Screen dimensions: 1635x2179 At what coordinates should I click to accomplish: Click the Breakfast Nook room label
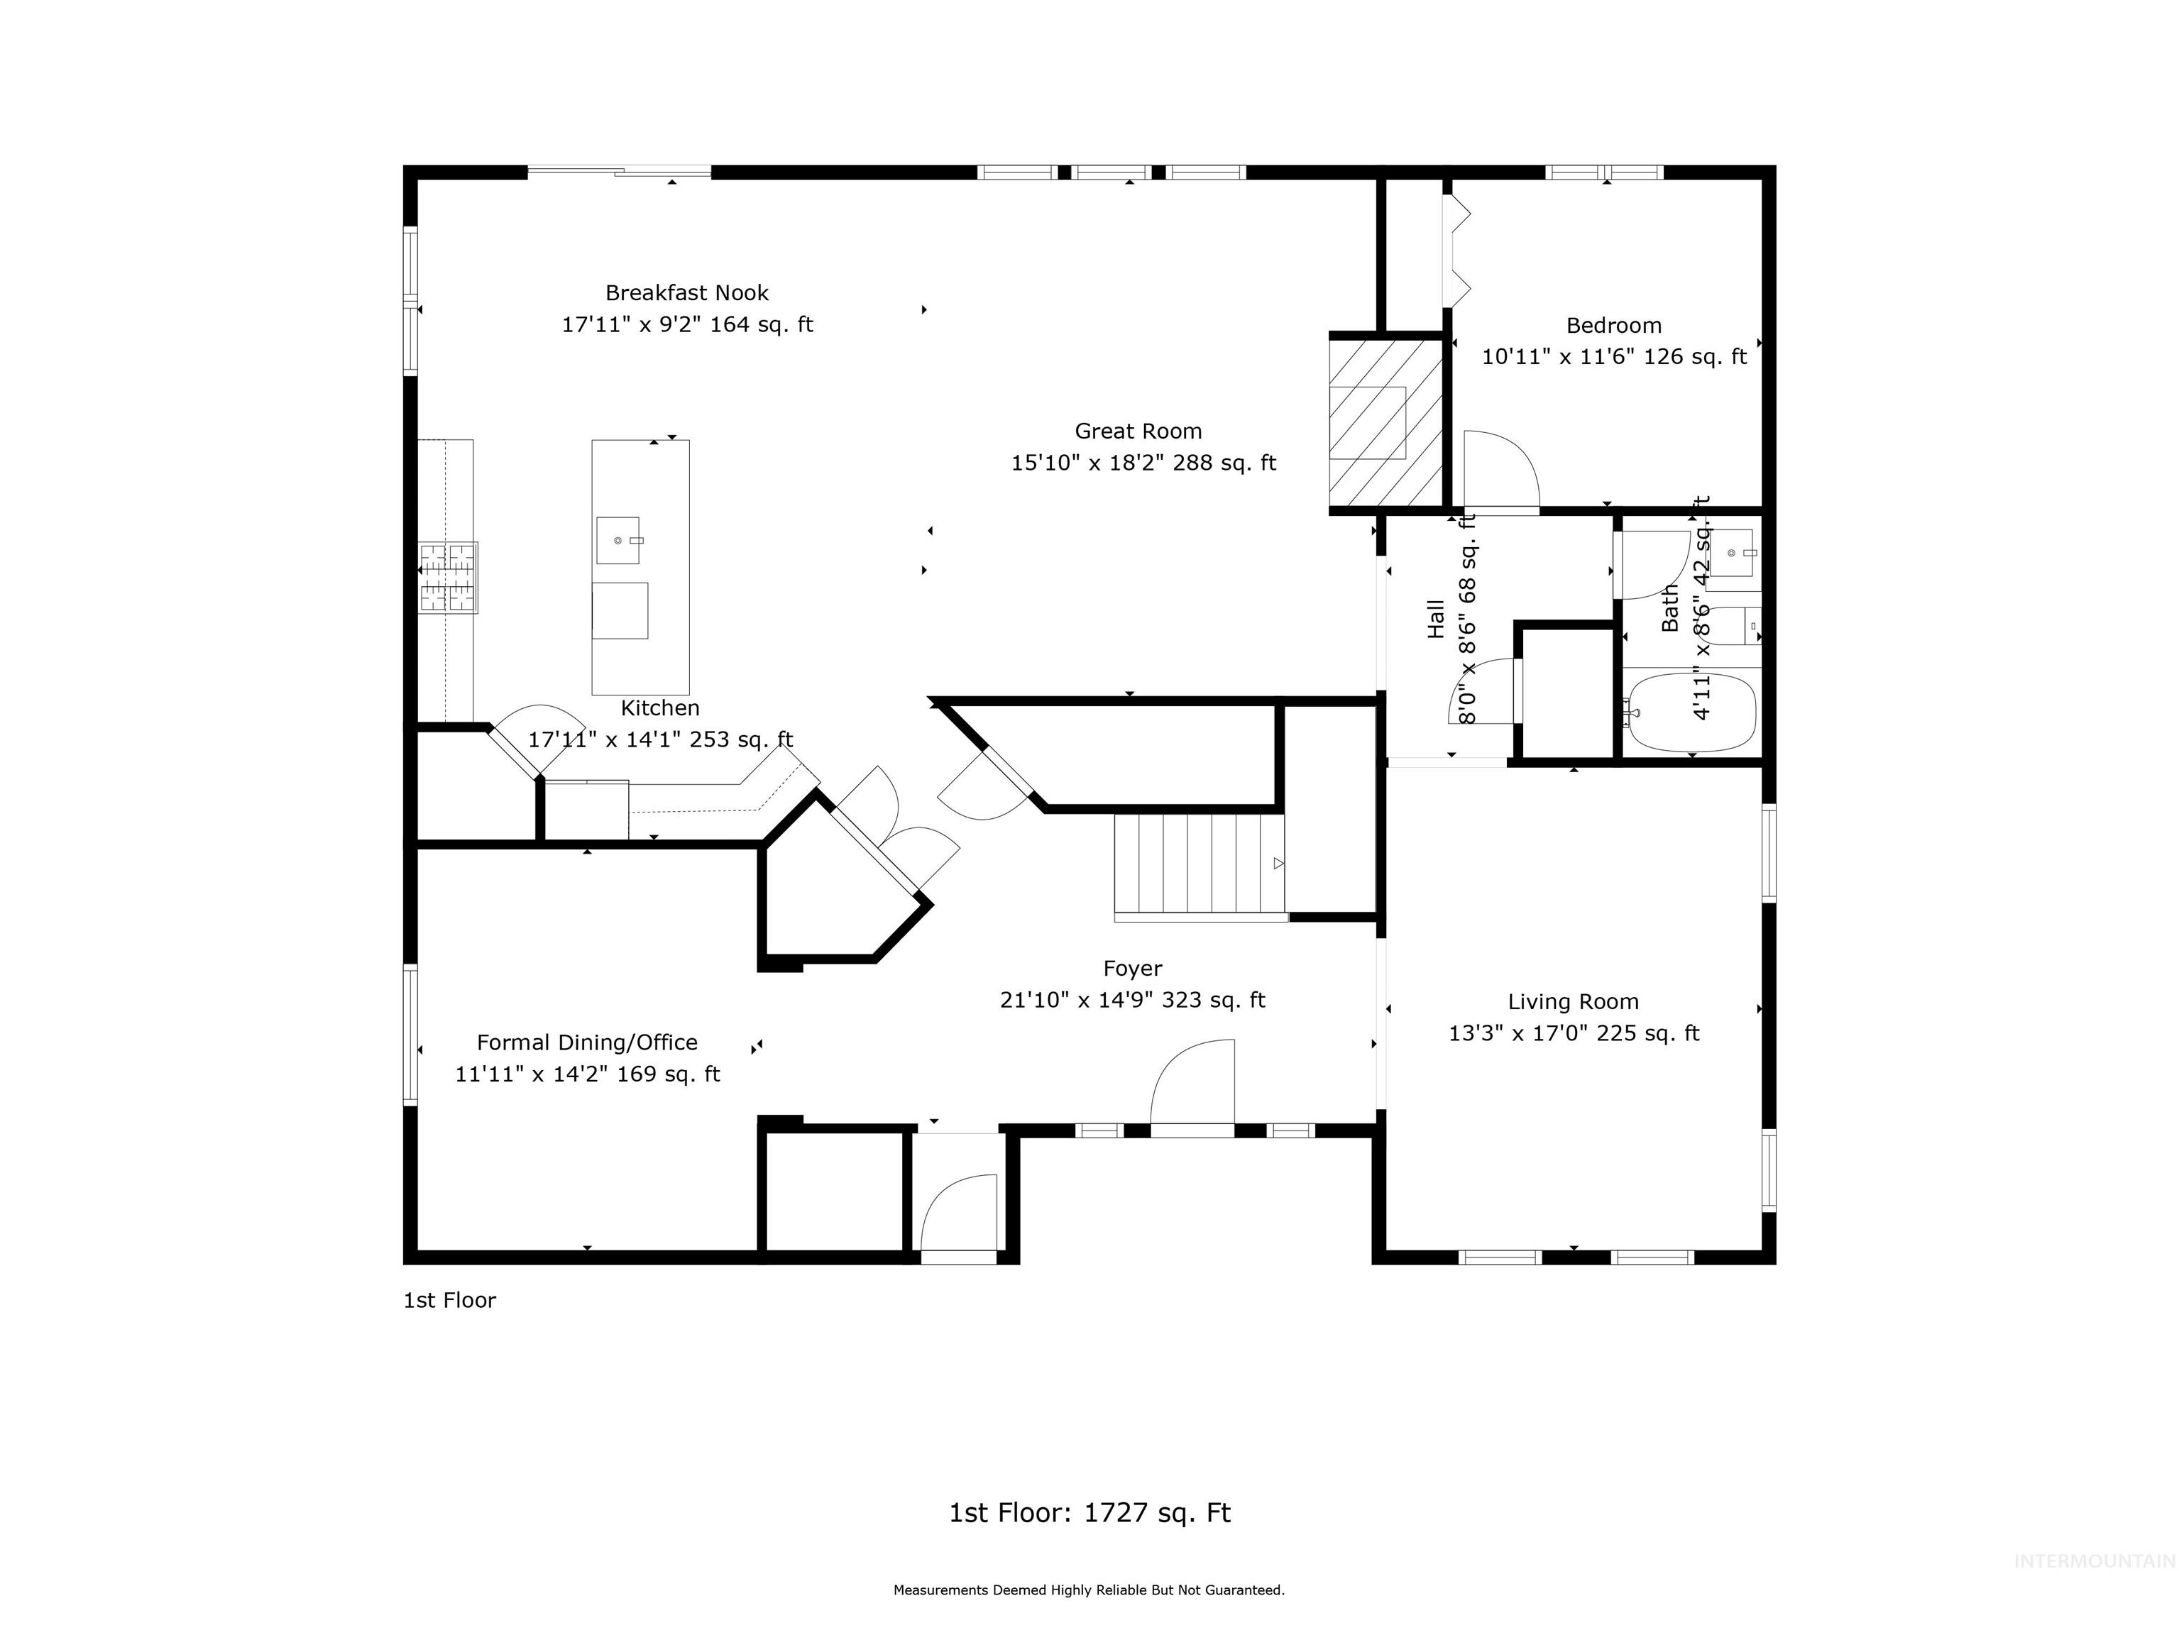click(686, 292)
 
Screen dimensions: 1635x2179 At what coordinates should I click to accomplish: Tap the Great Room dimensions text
click(1143, 463)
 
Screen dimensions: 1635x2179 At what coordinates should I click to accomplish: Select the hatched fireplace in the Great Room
click(1384, 424)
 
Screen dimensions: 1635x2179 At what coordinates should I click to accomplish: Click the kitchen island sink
click(618, 541)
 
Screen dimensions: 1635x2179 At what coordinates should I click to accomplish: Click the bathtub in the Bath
click(1691, 710)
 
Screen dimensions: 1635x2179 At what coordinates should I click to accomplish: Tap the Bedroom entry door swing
click(1499, 470)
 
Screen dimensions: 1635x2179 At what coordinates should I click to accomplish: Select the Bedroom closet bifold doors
click(1457, 251)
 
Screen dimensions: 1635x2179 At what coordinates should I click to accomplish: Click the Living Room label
click(1573, 1002)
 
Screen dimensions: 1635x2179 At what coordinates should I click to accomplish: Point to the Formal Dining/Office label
click(587, 1042)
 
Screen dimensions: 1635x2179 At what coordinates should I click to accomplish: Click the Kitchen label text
click(660, 708)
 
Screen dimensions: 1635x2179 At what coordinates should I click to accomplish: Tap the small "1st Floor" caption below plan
click(449, 1300)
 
